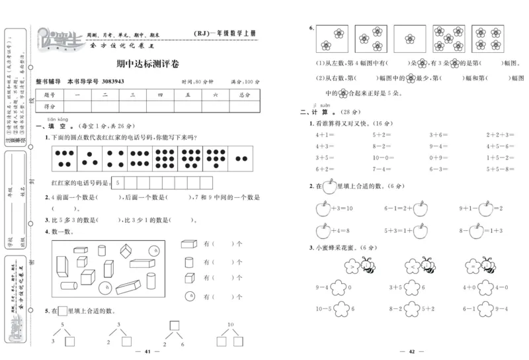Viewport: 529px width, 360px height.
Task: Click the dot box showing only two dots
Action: point(240,159)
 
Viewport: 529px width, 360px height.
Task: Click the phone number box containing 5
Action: point(118,182)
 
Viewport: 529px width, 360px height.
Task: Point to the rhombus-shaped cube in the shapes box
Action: point(126,251)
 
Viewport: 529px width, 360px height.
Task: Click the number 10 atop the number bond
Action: point(231,324)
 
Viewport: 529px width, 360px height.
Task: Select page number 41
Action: point(149,351)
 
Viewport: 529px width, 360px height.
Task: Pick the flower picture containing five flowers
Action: point(448,38)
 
